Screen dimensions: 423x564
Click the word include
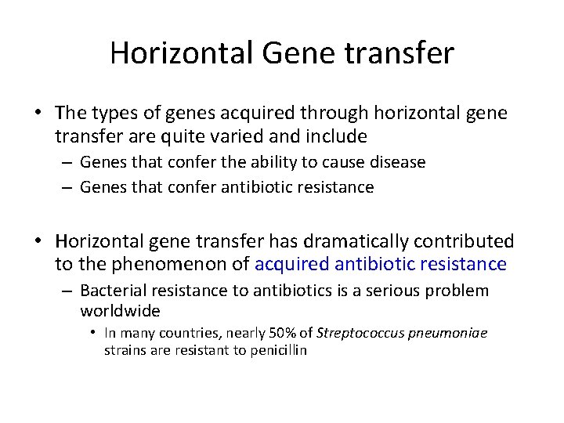(x=339, y=136)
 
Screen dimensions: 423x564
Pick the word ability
(x=253, y=162)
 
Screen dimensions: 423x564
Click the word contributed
(x=467, y=241)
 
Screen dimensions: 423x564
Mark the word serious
(x=389, y=291)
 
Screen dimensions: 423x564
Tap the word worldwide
(x=120, y=311)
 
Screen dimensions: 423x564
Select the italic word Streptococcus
(x=356, y=333)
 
